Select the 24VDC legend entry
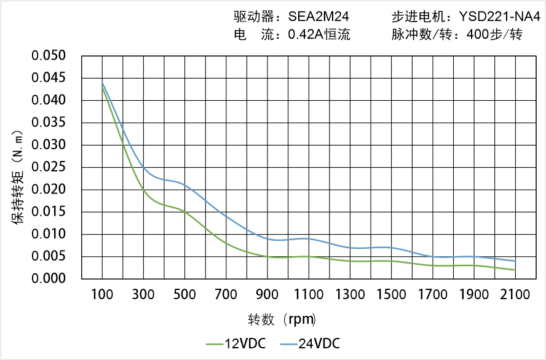tap(310, 343)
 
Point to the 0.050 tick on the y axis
tap(49, 56)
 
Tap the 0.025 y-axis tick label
tap(49, 167)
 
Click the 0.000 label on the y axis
tap(49, 279)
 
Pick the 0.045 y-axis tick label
tap(49, 78)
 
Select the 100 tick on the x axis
tap(102, 295)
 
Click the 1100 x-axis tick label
tap(309, 295)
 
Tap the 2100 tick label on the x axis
tap(515, 295)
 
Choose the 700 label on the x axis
tap(226, 295)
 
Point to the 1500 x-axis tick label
tap(391, 295)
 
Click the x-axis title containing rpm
tap(282, 319)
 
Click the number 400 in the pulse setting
tap(477, 35)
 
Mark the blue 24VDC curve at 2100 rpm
tap(515, 261)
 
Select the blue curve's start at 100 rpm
tap(102, 83)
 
